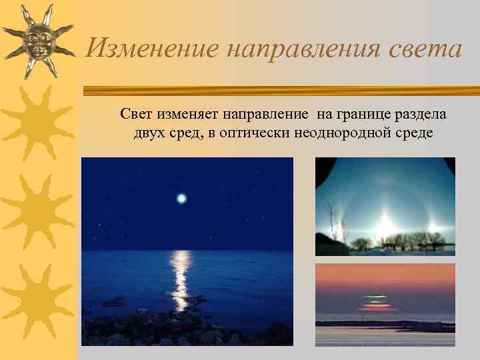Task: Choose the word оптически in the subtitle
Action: point(254,133)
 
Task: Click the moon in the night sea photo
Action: point(181,198)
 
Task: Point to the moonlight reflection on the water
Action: point(181,277)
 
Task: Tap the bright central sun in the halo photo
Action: point(385,226)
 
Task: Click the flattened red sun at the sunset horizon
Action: point(377,307)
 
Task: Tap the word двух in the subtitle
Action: point(149,133)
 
